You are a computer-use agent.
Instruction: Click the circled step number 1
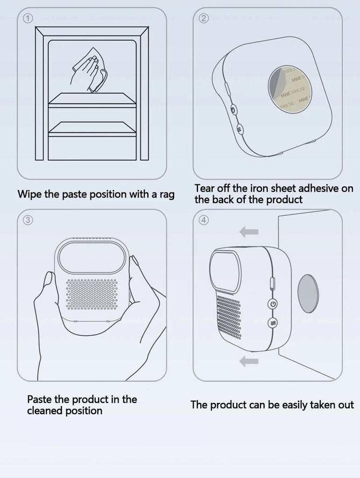(28, 19)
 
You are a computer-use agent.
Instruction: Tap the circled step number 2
(204, 19)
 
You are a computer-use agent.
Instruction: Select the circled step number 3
(28, 220)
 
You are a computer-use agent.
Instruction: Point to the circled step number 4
(204, 220)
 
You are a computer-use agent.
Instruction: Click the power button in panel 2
(233, 110)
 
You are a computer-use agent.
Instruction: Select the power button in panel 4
(273, 304)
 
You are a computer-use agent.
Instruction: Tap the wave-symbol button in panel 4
(273, 323)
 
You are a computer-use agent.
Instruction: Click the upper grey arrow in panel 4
(249, 232)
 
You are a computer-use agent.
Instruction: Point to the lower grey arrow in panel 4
(249, 361)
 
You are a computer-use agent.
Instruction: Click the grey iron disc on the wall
(308, 293)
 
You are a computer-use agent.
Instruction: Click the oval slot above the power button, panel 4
(273, 282)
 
